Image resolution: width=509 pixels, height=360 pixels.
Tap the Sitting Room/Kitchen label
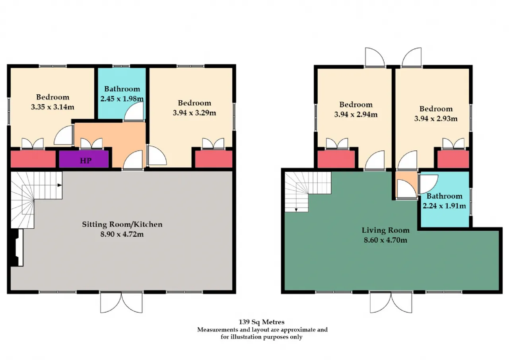tap(122, 224)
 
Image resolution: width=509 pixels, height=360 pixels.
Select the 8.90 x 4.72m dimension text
tap(122, 234)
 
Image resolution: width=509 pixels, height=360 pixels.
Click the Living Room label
tap(386, 230)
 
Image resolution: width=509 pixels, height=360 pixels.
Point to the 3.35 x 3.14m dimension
tap(52, 107)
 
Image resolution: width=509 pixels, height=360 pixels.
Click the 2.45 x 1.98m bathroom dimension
tap(122, 99)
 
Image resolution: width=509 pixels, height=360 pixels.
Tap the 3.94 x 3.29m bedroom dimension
tap(194, 113)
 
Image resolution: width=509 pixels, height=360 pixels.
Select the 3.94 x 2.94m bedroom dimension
tap(356, 114)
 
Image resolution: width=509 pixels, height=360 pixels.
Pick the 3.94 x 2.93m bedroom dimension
tap(436, 119)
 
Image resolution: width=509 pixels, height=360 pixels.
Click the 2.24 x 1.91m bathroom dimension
tap(444, 206)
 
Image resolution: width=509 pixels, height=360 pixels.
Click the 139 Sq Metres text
tap(262, 322)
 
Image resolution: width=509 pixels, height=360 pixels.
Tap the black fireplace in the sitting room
tap(16, 247)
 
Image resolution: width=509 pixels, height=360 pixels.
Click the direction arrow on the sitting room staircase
tap(60, 185)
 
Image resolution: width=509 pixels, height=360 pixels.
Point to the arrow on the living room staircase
tap(296, 210)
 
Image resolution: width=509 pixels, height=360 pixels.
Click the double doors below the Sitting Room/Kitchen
tap(122, 303)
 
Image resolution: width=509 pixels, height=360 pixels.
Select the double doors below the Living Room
tap(391, 303)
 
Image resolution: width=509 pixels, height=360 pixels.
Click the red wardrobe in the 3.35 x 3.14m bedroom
tap(33, 159)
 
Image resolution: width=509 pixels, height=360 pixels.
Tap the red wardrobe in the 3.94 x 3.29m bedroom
tap(214, 159)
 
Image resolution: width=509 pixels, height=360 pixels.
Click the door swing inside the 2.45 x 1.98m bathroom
tap(134, 111)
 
